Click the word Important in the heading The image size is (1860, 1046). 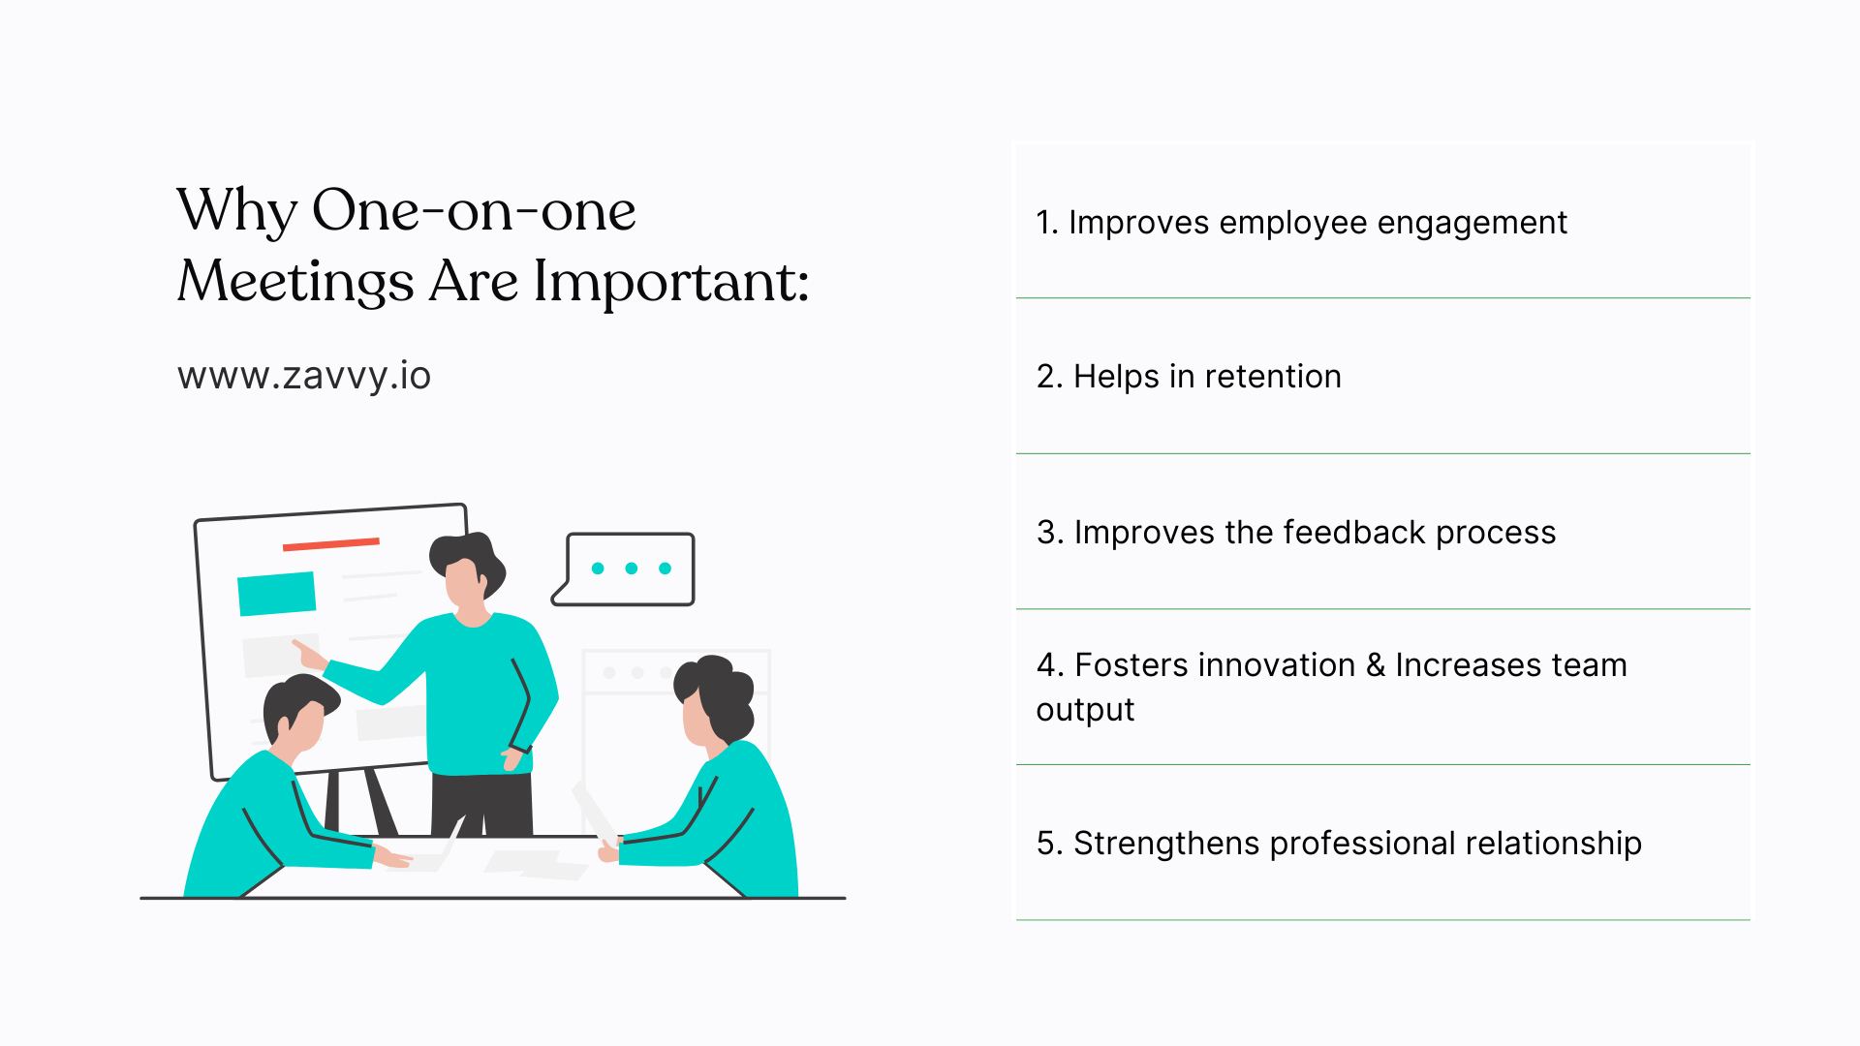[670, 282]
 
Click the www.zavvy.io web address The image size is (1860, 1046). [304, 376]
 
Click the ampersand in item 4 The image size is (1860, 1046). [1375, 665]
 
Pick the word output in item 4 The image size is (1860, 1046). [1085, 710]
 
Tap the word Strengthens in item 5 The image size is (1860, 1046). [1166, 843]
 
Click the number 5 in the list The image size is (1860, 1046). [1045, 843]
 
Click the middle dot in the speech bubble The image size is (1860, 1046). [632, 569]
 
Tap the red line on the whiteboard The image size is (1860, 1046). [330, 544]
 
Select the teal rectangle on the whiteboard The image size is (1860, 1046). [277, 593]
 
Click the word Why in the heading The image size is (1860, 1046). [236, 210]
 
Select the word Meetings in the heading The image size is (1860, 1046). [295, 282]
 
